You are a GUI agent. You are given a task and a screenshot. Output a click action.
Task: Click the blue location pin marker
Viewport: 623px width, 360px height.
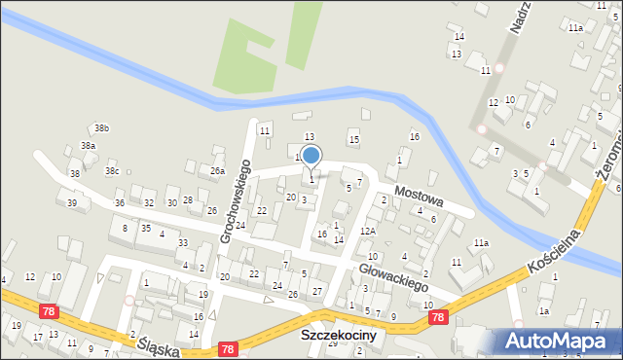(311, 156)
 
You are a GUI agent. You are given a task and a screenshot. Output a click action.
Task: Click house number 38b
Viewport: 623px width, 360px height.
(102, 128)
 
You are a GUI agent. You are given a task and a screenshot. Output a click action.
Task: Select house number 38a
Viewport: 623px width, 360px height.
(88, 146)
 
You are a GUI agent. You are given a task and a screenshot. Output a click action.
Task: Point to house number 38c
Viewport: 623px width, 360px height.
(112, 171)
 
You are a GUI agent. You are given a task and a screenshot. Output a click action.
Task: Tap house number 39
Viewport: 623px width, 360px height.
(72, 202)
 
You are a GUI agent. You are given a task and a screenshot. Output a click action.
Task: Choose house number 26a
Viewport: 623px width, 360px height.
(217, 170)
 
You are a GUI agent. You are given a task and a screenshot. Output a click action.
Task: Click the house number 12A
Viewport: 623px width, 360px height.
(367, 231)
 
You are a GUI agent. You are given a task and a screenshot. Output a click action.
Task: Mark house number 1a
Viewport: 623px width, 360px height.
(545, 311)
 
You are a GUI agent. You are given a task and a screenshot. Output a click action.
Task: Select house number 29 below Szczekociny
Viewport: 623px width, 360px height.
(332, 343)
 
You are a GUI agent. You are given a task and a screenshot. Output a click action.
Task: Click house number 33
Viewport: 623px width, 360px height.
(183, 242)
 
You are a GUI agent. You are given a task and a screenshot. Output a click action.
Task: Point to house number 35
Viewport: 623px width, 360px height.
(145, 228)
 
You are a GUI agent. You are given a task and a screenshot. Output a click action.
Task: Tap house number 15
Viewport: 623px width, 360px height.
(354, 140)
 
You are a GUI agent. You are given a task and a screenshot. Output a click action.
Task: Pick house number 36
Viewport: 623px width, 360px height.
(119, 202)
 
